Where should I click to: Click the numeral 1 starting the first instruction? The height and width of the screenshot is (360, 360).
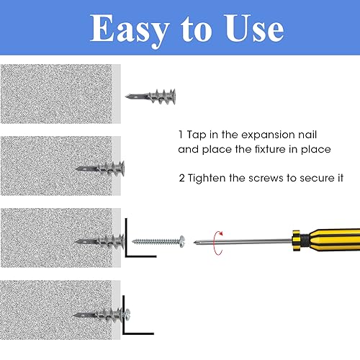coord(180,135)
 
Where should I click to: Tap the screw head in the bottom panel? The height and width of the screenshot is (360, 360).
coord(127,314)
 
